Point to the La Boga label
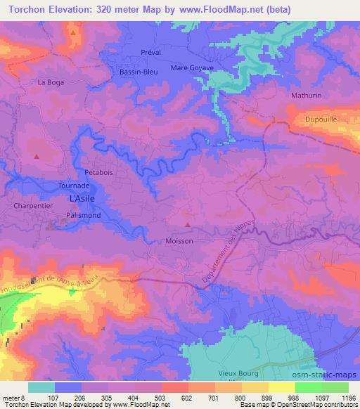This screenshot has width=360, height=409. (x=51, y=82)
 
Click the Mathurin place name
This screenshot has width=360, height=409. (x=306, y=93)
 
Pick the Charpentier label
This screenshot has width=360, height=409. (x=33, y=206)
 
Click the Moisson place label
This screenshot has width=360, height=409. (x=179, y=240)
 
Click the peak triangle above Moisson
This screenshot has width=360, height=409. (x=187, y=225)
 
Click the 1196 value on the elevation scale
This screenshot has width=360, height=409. (x=347, y=397)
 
